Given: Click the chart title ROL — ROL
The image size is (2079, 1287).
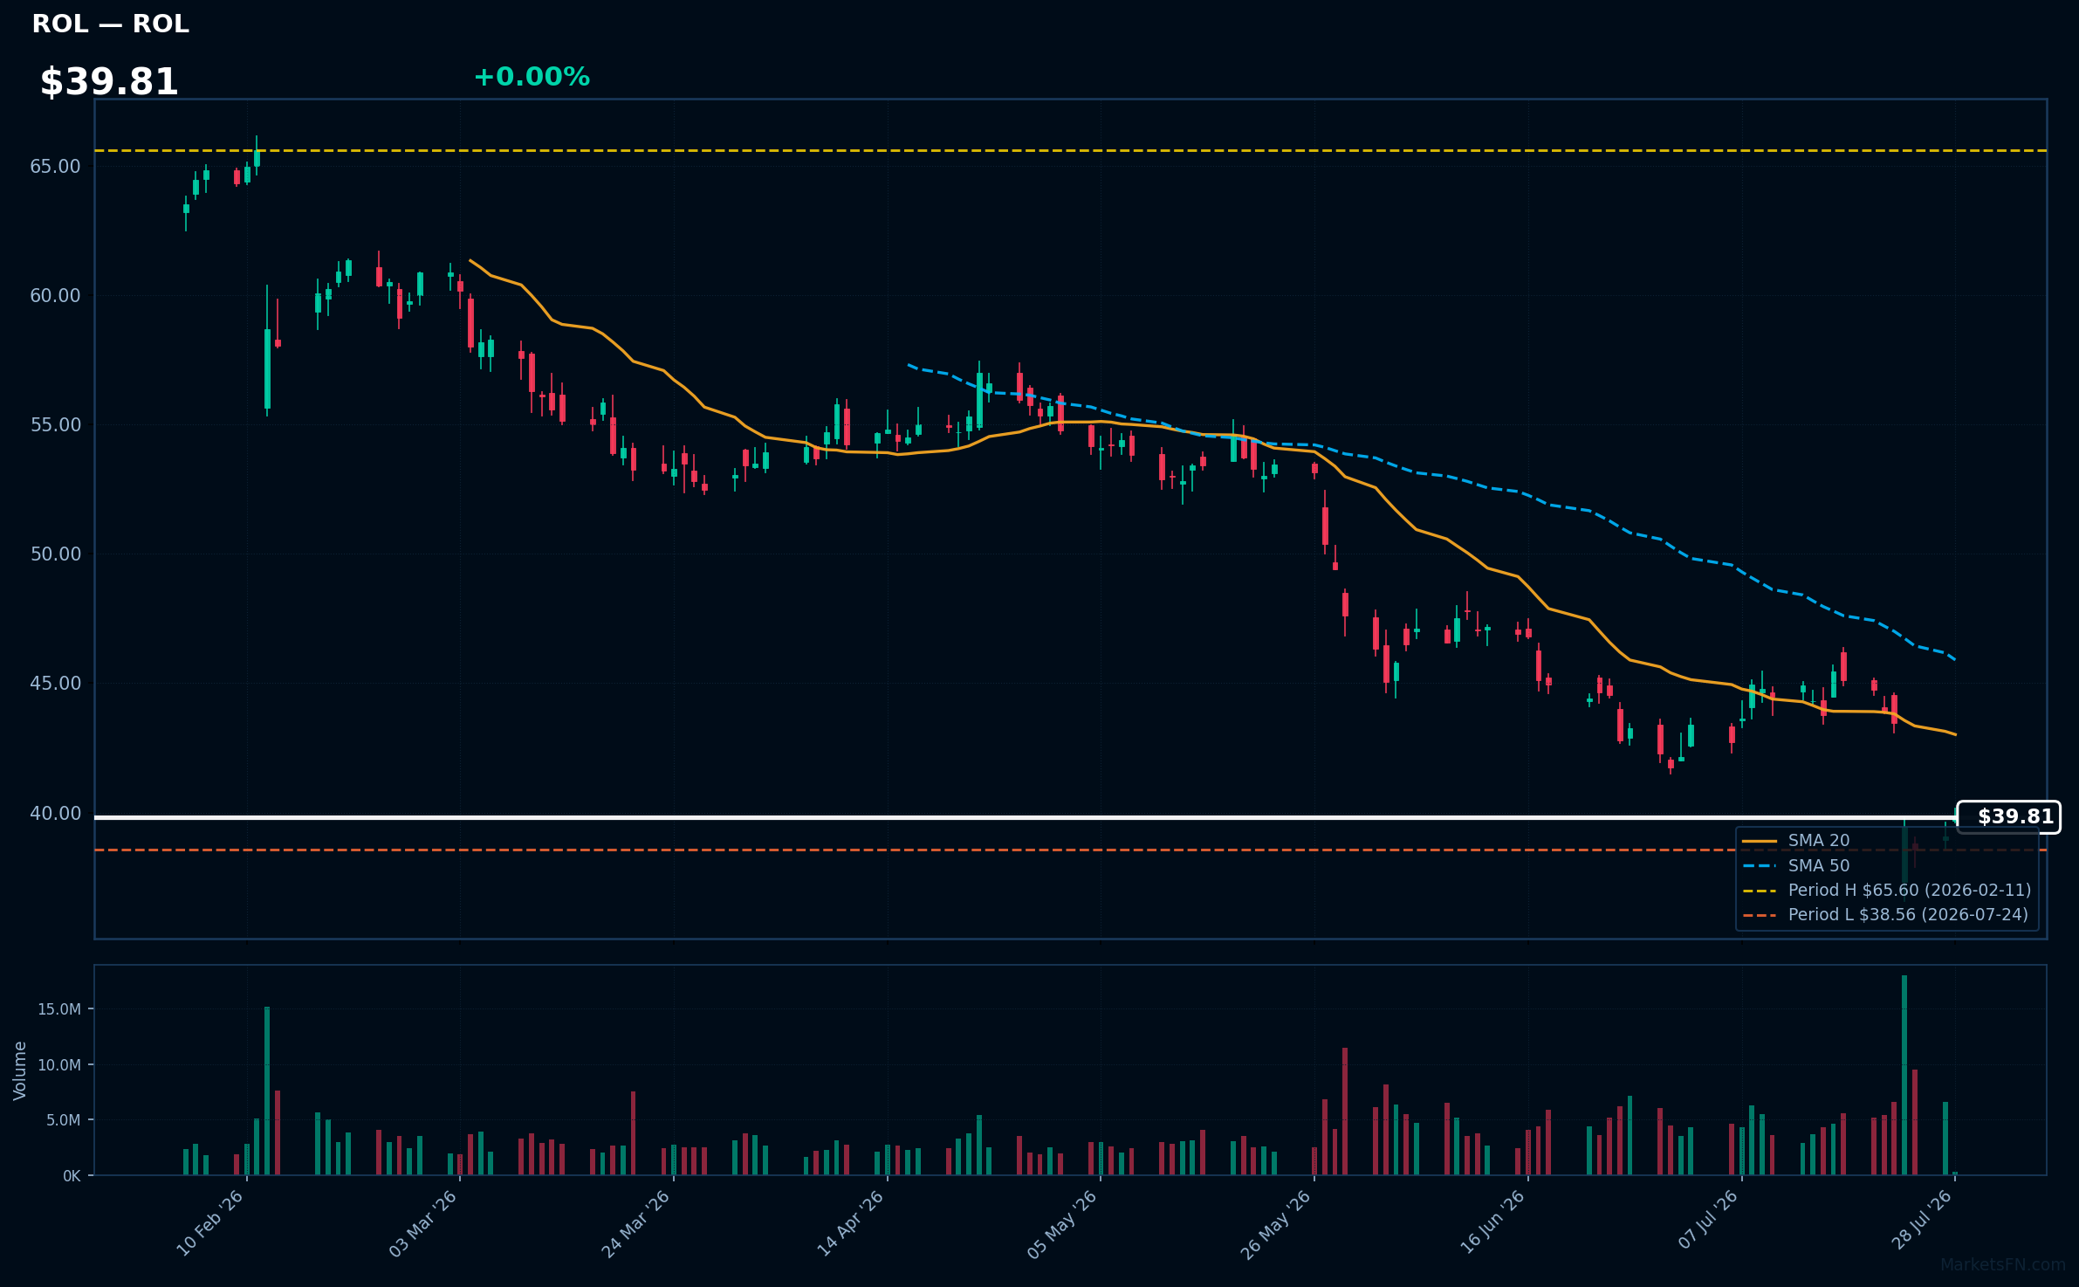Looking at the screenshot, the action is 110,24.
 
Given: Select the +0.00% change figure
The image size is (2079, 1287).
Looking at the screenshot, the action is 532,77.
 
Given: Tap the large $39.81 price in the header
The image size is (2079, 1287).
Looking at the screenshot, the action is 109,82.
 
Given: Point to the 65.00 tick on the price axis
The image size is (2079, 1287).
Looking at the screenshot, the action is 55,166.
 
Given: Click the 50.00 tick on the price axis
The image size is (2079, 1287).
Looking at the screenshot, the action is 55,554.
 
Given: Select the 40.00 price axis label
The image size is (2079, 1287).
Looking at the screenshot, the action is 55,813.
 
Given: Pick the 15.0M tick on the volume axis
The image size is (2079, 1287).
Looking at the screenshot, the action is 59,1009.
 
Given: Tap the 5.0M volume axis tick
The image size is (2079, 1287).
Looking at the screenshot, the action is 64,1120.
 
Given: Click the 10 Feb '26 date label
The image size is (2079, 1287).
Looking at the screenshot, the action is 210,1222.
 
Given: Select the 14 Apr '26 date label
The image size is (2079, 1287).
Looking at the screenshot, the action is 851,1222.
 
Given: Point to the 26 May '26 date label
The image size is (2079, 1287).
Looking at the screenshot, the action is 1277,1224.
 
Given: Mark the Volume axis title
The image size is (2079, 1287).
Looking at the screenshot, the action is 20,1070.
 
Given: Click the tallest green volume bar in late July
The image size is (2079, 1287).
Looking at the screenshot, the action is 1904,1075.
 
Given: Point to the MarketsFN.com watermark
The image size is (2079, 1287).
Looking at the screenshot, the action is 2003,1264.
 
